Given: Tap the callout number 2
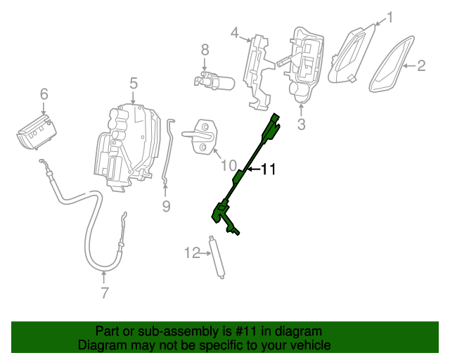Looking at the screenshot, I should click(x=421, y=67).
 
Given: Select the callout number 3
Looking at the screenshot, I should click(x=301, y=125).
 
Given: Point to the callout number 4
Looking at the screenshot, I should click(x=235, y=32).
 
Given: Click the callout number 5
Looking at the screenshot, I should click(x=134, y=84).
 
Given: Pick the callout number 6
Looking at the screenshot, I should click(x=44, y=94).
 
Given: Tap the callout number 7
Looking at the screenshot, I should click(x=104, y=292).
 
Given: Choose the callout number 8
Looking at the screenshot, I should click(x=205, y=50).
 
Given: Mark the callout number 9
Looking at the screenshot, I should click(x=166, y=206).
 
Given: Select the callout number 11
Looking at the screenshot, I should click(x=269, y=169).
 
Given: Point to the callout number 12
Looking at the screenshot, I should click(x=192, y=252).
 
